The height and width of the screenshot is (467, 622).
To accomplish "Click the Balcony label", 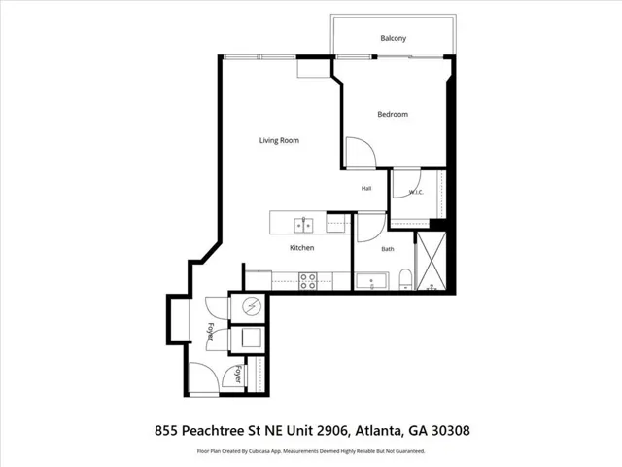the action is [393, 38].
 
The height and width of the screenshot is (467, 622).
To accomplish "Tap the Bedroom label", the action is [393, 115].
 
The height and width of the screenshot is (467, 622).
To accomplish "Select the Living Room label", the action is [279, 140].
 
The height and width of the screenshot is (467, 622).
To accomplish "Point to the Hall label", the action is [366, 188].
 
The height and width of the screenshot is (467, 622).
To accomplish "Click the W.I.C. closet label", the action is [416, 193].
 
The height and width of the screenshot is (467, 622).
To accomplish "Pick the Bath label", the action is [388, 249].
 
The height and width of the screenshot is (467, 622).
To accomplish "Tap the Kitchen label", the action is [302, 248].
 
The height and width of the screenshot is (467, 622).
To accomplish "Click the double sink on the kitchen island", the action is [303, 225].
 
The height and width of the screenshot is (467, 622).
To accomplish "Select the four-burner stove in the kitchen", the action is [308, 281].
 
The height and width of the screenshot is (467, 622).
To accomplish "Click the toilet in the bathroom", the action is [405, 279].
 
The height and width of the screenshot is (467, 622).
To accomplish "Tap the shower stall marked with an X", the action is [431, 261].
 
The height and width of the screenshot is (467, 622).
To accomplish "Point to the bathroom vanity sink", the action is [371, 281].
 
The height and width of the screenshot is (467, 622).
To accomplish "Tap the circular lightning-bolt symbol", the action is [252, 306].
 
